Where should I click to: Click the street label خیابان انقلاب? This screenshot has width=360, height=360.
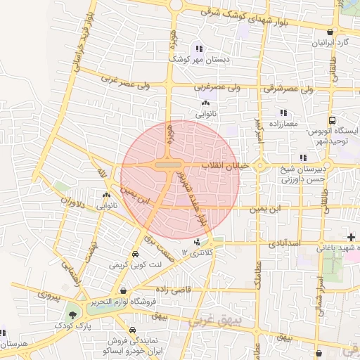223,165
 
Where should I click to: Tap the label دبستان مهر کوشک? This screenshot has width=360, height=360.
199,60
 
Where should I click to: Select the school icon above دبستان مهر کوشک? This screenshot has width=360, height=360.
200,49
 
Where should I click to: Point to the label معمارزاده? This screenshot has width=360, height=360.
283,124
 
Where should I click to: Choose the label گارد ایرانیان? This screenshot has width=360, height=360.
330,43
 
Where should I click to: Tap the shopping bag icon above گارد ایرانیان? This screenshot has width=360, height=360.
330,32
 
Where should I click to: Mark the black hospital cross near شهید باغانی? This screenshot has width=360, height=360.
351,237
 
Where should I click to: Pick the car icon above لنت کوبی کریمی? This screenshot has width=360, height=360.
134,254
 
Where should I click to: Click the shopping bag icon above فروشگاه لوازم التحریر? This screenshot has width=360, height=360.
123,290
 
